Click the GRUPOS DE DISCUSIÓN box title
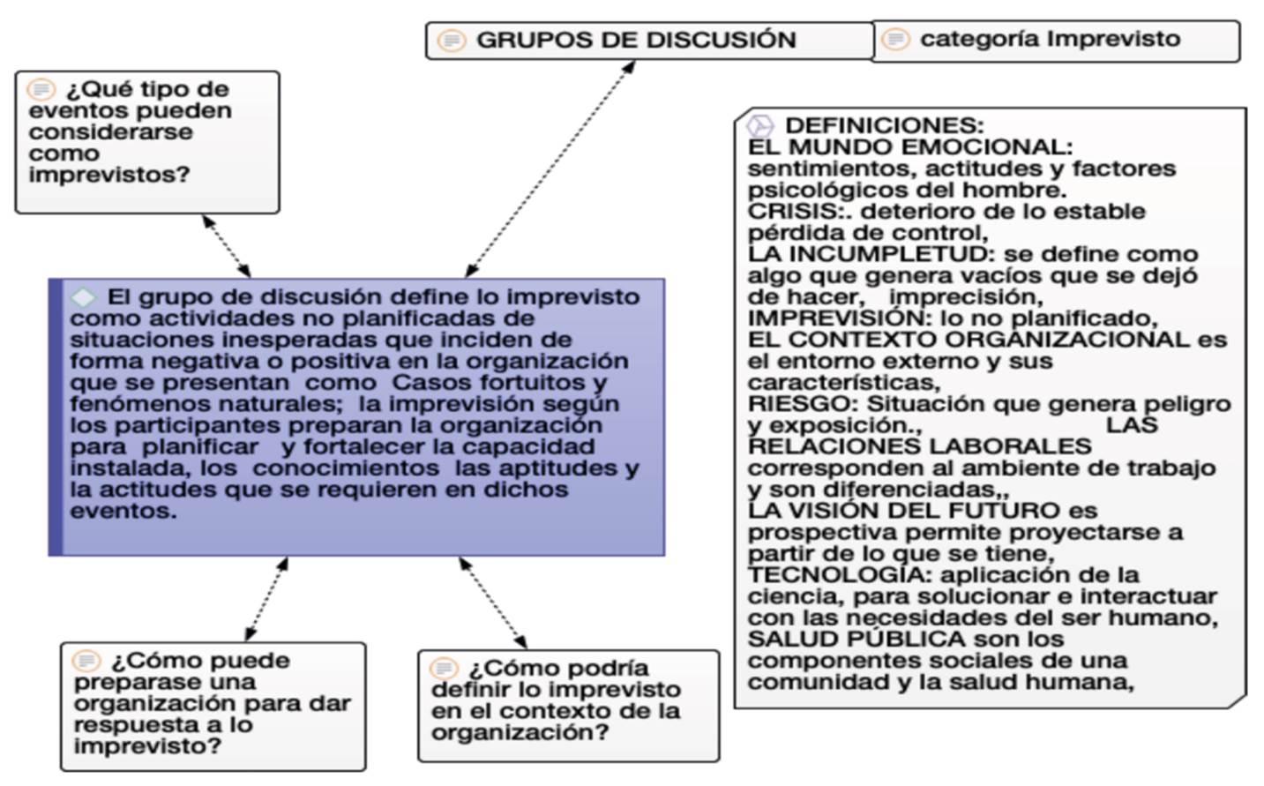(x=636, y=41)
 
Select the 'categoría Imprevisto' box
(x=1056, y=41)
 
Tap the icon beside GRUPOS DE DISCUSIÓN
(x=452, y=41)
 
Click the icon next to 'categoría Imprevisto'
(x=895, y=40)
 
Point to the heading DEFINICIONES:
(x=884, y=125)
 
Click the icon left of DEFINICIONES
(x=759, y=126)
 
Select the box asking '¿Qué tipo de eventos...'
(x=147, y=142)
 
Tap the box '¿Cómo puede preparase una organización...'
(x=213, y=706)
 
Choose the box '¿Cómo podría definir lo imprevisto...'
(x=568, y=706)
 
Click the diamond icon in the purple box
(x=83, y=297)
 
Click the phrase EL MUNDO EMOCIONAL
(x=909, y=147)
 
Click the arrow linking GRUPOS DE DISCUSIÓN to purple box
(x=550, y=168)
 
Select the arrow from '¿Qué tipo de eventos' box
(x=227, y=246)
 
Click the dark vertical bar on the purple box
(x=56, y=417)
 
